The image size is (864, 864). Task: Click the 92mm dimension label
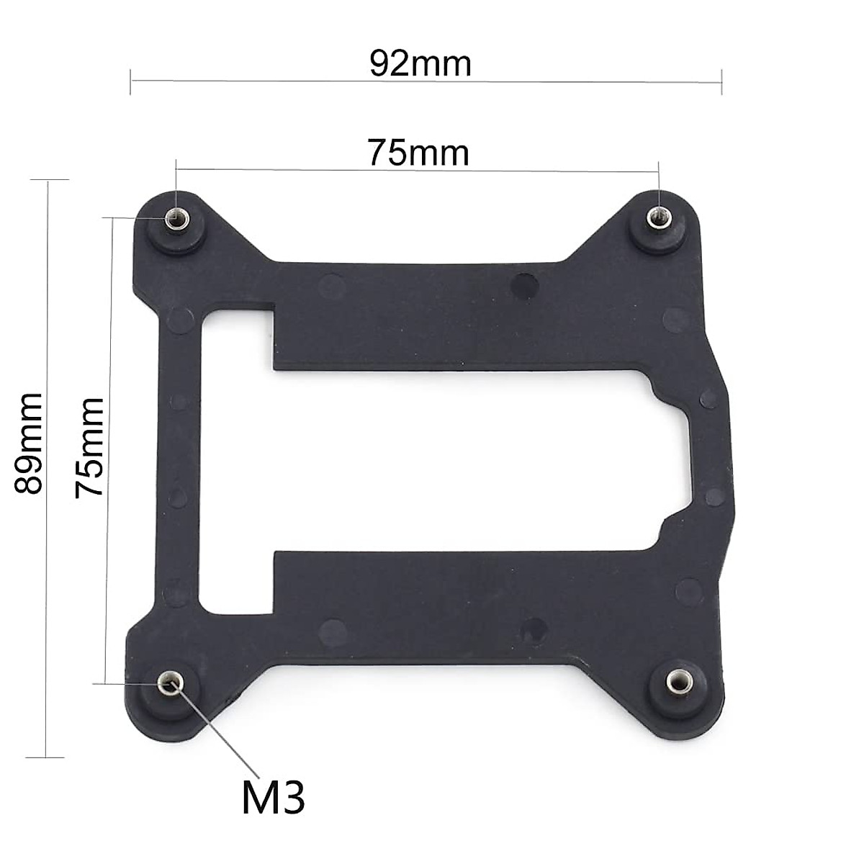[x=420, y=64]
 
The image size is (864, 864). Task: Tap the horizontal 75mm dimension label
[x=418, y=153]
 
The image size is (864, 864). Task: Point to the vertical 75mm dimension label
[x=91, y=447]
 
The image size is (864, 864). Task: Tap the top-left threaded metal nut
[x=174, y=218]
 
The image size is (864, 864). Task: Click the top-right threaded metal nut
[x=657, y=215]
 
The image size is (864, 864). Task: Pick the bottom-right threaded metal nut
[x=676, y=679]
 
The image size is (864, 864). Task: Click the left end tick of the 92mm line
[x=130, y=81]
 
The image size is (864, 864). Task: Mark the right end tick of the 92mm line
[x=721, y=81]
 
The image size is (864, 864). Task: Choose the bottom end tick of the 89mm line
[x=45, y=757]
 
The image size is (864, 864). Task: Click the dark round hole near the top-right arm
[x=524, y=285]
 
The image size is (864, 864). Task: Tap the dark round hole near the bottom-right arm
[x=534, y=627]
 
